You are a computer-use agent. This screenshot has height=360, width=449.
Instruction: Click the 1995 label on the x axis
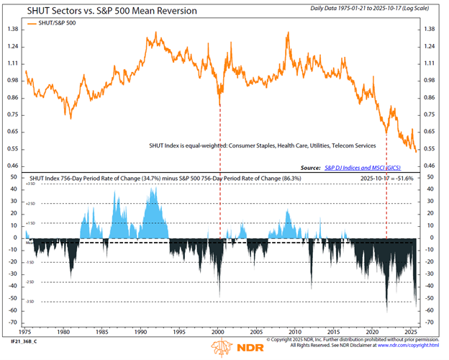(179, 333)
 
